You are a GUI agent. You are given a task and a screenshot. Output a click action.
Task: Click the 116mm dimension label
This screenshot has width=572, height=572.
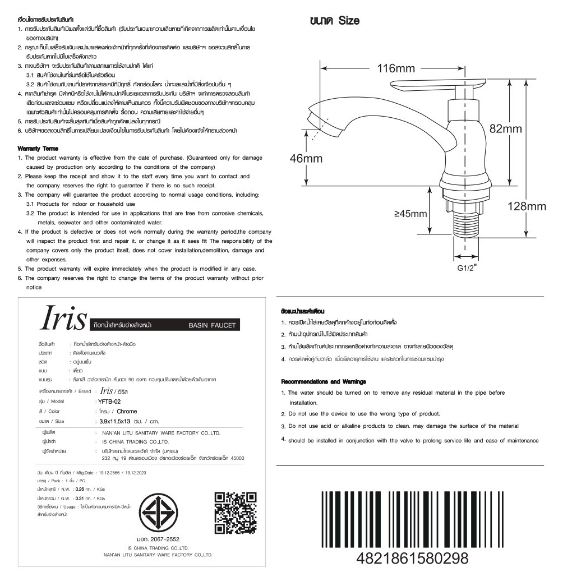coord(396,68)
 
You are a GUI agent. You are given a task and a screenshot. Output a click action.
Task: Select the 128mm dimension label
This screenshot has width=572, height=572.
coord(527,206)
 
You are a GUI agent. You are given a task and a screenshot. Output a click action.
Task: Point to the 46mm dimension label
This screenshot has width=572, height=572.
coord(306,158)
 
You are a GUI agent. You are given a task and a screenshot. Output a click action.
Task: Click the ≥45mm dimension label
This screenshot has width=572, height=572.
coord(410,214)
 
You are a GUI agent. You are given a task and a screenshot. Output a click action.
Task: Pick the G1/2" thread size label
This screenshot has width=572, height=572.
coord(467,267)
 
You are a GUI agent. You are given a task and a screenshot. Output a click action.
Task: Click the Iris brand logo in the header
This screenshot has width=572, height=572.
coord(62,319)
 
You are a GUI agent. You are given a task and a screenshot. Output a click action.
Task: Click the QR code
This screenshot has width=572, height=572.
coord(236,513)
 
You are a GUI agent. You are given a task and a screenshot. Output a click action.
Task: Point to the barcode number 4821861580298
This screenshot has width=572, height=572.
coord(412,558)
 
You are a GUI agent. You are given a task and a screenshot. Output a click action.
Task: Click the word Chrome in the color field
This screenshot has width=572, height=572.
coord(127,412)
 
